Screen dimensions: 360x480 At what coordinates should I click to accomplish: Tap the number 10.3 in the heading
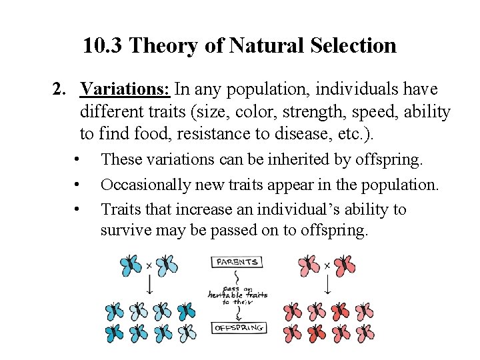[x=102, y=46]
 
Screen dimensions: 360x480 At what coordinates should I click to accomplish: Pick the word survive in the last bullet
[x=125, y=231]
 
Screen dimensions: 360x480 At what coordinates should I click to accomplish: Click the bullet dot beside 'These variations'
[x=78, y=160]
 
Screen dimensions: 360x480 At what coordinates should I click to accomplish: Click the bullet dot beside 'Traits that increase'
[x=78, y=209]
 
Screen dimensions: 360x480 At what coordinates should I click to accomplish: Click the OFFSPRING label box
[x=239, y=328]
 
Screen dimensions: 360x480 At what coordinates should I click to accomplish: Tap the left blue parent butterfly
[x=131, y=265]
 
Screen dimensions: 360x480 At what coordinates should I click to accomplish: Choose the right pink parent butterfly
[x=345, y=265]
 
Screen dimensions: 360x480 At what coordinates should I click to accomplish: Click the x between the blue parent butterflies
[x=149, y=265]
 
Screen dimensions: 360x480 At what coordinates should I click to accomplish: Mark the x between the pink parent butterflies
[x=327, y=265]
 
